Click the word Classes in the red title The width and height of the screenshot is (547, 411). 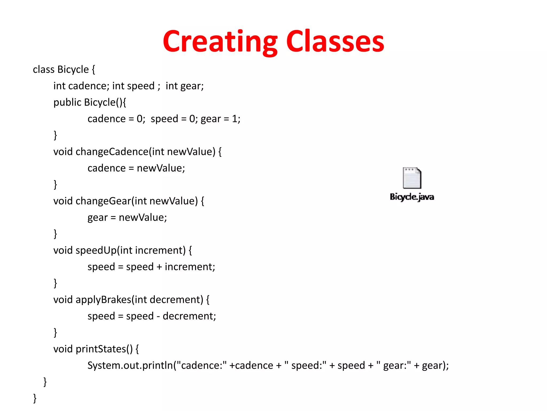(335, 41)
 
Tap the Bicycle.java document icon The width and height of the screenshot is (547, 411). (412, 178)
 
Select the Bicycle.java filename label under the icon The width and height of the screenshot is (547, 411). (412, 197)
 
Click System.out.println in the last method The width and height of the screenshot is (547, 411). (130, 366)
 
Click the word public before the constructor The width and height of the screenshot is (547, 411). (67, 102)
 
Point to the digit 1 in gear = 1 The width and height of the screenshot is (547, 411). (235, 119)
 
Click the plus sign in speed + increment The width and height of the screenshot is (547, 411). (159, 267)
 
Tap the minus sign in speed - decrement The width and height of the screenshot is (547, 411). (158, 317)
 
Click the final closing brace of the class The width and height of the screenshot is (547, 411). (35, 398)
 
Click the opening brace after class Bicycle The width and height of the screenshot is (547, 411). (93, 70)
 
